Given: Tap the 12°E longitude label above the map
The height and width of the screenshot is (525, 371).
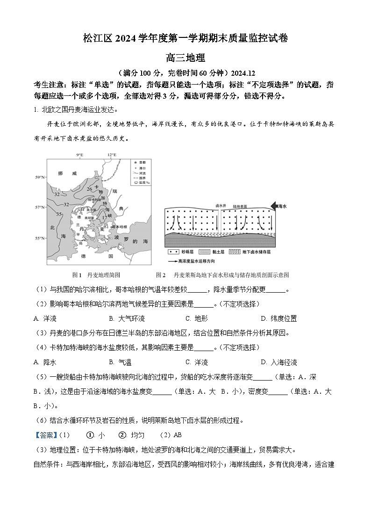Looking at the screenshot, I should pyautogui.click(x=112, y=155).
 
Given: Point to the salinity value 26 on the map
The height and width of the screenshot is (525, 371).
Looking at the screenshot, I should pyautogui.click(x=89, y=189).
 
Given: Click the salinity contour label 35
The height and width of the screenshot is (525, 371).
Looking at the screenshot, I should pyautogui.click(x=59, y=214).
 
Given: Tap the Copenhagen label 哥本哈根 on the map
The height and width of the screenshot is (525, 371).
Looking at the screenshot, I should pyautogui.click(x=120, y=226).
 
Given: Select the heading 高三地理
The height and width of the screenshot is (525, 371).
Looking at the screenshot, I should pyautogui.click(x=185, y=58).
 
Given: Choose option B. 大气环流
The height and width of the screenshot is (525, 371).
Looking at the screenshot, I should pyautogui.click(x=127, y=318).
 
